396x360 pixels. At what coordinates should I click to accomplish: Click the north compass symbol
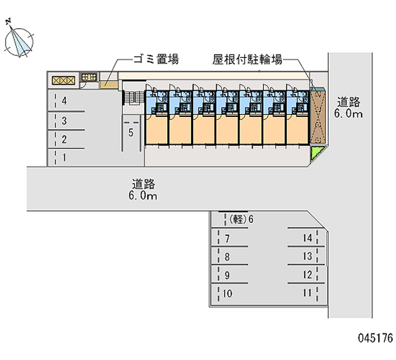[19, 40]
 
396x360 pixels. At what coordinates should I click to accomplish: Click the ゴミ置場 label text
[156, 59]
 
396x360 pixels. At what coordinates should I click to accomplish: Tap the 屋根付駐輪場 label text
[247, 59]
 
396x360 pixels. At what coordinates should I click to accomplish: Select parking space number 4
[64, 101]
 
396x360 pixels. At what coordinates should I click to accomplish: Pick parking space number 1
[64, 157]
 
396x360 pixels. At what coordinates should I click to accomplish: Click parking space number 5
[131, 133]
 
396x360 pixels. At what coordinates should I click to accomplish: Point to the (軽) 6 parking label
[241, 219]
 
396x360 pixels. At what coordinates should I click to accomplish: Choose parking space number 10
[227, 293]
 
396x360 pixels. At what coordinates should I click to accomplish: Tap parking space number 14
[307, 238]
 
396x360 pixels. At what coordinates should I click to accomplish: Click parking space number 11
[307, 293]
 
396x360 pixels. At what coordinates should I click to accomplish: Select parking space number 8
[227, 257]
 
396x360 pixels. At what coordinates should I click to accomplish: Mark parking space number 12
[307, 275]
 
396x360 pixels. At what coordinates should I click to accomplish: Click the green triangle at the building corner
[316, 152]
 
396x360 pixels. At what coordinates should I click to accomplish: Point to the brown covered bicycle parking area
[317, 117]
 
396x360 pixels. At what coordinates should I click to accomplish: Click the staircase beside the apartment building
[134, 97]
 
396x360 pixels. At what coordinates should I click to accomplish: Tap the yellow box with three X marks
[64, 80]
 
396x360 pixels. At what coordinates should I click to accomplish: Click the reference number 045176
[375, 338]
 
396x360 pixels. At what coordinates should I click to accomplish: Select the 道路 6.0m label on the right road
[348, 108]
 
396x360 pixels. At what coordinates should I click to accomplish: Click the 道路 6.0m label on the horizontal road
[143, 190]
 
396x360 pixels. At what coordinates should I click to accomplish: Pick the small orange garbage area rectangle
[109, 84]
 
